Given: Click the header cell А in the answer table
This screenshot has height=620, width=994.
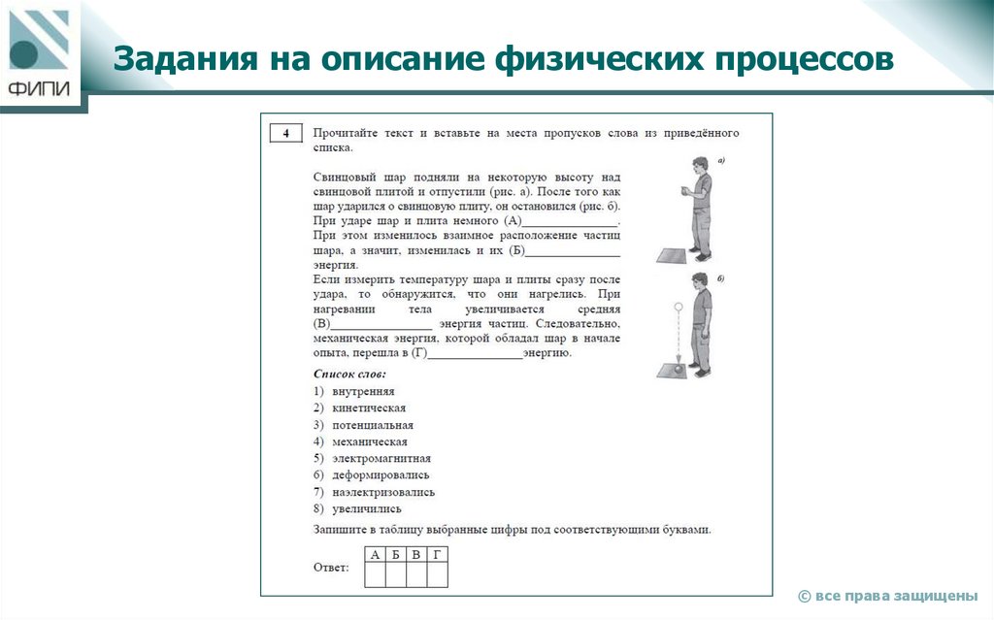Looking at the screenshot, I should coord(375,555).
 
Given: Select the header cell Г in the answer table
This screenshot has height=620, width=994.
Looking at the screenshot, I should coord(437,555).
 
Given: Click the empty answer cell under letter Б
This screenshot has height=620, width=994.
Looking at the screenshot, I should coord(396,575).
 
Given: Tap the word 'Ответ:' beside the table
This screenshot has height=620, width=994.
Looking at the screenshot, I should coord(332,567).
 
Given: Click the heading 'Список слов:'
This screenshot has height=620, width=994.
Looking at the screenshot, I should coord(349,374).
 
